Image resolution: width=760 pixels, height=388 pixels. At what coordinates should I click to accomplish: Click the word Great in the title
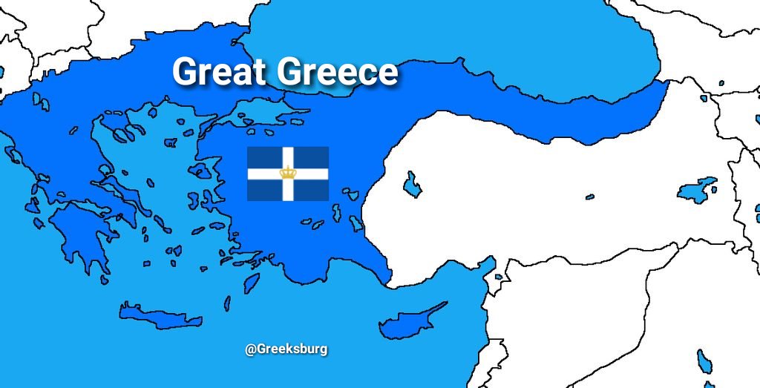pos(220,72)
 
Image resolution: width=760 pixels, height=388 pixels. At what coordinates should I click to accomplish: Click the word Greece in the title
pos(338,72)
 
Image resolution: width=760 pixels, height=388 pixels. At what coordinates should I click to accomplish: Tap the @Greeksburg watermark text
pos(286,349)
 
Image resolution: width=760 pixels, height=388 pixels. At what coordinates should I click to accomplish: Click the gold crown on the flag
pos(287,173)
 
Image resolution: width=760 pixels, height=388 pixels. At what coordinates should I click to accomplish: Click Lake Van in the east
pos(698,190)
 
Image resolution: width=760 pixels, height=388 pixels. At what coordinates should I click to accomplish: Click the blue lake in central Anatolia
pos(411,184)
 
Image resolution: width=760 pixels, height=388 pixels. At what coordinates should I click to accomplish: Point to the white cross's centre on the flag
pos(287,174)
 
